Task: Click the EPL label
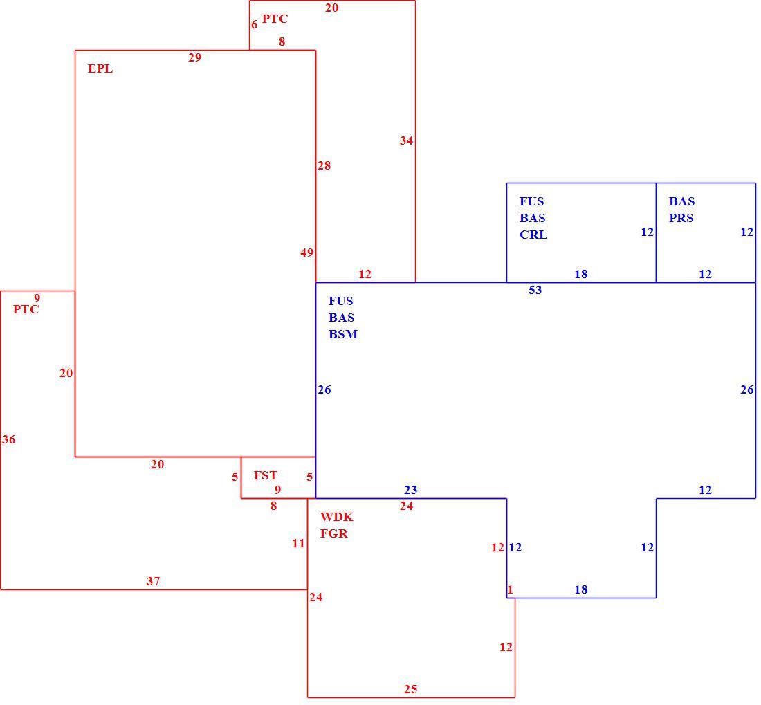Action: click(x=100, y=68)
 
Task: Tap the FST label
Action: click(x=266, y=475)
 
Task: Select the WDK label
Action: click(x=336, y=517)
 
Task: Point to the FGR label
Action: click(x=334, y=533)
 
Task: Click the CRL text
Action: click(x=533, y=235)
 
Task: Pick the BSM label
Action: click(x=343, y=333)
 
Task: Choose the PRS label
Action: click(x=681, y=218)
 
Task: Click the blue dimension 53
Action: click(x=535, y=290)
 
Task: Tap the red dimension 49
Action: click(x=306, y=253)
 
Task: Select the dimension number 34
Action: click(x=406, y=140)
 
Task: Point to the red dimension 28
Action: click(x=324, y=165)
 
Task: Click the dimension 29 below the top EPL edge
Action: click(x=194, y=57)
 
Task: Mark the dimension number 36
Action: click(x=9, y=439)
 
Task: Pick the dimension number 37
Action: click(x=154, y=580)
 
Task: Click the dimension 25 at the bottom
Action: click(x=410, y=689)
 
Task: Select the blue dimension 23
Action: click(x=410, y=490)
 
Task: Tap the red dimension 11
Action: click(x=298, y=543)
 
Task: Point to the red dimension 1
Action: click(x=510, y=589)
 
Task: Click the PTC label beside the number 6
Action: click(x=275, y=19)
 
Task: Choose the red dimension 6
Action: click(x=255, y=24)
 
